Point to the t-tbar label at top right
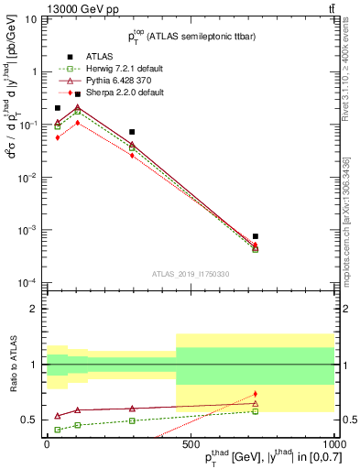tap(329, 8)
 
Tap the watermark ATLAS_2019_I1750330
tap(191, 273)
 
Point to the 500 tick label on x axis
tap(191, 443)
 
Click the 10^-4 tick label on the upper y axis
tap(27, 282)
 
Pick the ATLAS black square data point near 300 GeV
tap(132, 132)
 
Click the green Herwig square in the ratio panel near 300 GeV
tap(132, 420)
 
